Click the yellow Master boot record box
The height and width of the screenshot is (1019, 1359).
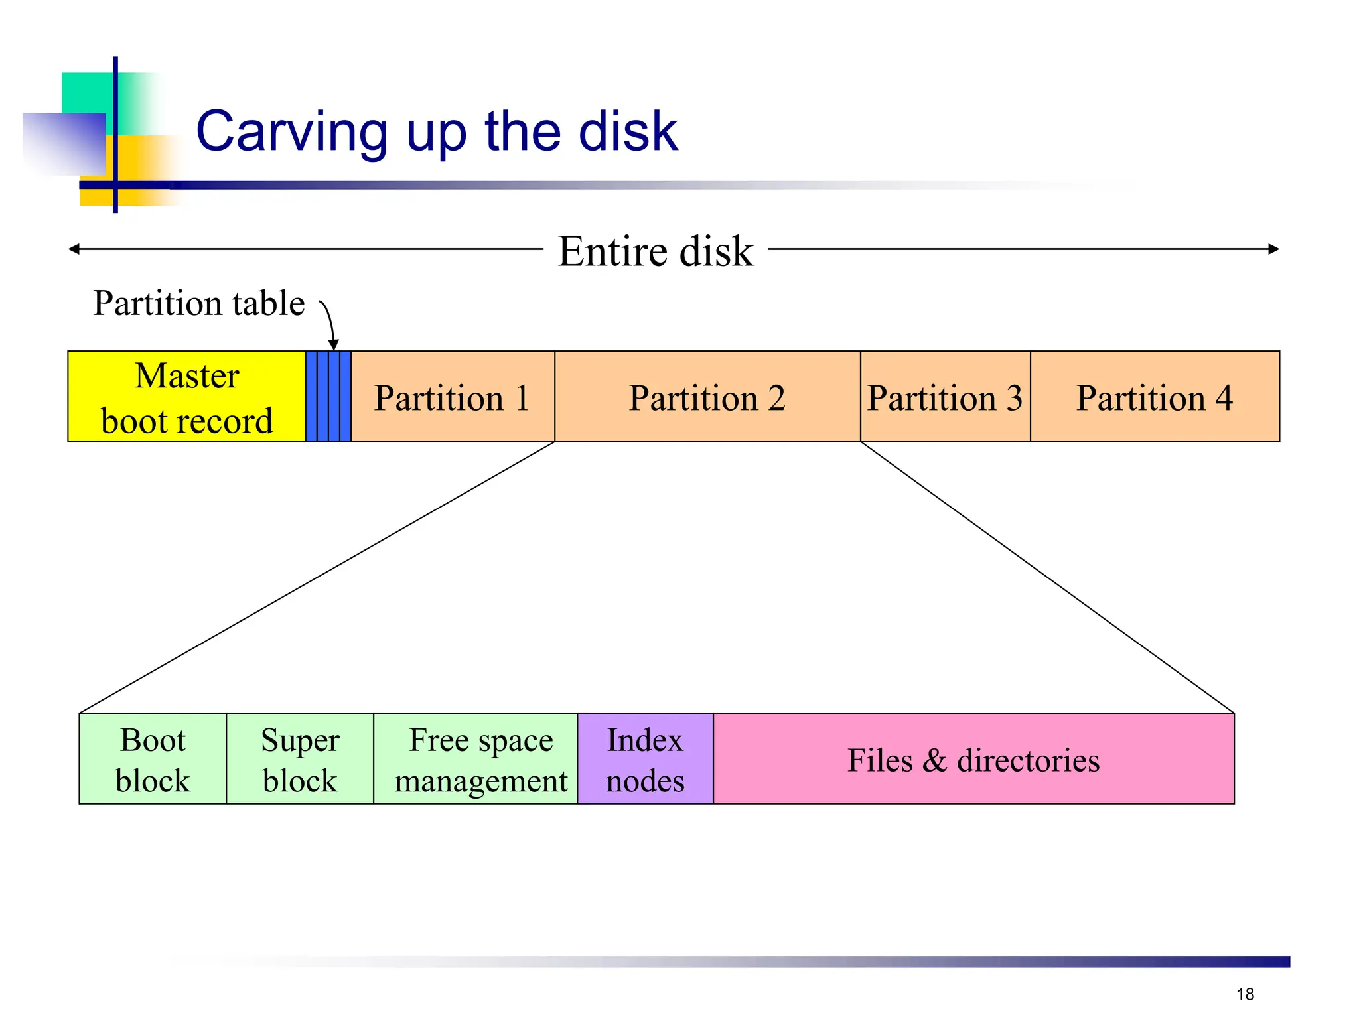(186, 397)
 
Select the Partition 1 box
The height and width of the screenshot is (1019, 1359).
(453, 397)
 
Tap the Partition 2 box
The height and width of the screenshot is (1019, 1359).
(707, 397)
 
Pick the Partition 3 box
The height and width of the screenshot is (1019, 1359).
(945, 397)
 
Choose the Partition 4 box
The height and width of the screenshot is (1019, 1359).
(1155, 397)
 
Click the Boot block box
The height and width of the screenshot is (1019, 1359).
(153, 759)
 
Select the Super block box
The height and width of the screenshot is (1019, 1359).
(300, 759)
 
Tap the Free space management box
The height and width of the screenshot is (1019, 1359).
(476, 759)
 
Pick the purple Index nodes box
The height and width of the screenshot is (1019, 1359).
(646, 759)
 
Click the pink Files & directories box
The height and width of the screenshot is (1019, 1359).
(974, 759)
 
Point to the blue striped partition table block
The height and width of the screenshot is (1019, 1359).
(328, 397)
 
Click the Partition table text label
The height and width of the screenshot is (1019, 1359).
(198, 303)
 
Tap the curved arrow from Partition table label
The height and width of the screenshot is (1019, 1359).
(329, 322)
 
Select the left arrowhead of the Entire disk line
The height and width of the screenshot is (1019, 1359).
(73, 249)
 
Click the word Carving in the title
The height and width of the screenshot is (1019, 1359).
(292, 131)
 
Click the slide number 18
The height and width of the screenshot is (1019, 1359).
(1245, 994)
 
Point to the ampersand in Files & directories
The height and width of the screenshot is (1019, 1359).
(934, 760)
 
